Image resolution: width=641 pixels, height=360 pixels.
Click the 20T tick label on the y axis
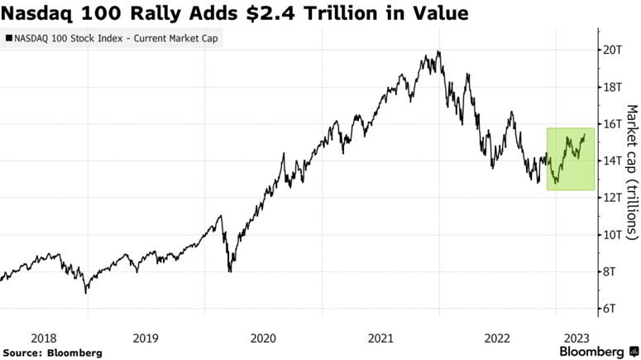[x=613, y=50]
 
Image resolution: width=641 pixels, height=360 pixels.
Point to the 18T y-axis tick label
[x=613, y=87]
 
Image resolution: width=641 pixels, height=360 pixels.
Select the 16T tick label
[x=613, y=123]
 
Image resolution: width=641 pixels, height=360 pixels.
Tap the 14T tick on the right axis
[x=613, y=161]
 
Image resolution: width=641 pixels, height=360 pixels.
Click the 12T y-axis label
[x=613, y=197]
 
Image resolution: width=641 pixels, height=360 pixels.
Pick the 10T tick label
[x=613, y=234]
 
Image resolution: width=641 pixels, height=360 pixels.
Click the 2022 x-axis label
[x=498, y=338]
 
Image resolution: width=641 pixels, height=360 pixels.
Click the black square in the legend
[x=9, y=38]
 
